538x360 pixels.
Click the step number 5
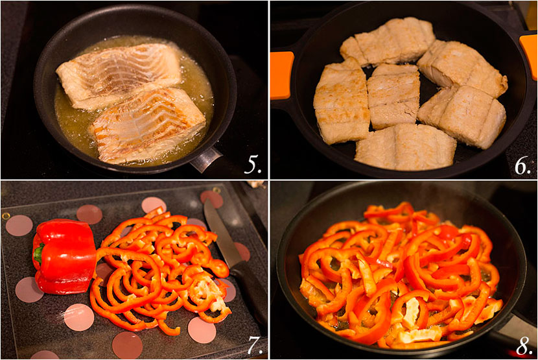click(253, 165)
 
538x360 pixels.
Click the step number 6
click(522, 165)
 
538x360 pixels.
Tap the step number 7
click(253, 345)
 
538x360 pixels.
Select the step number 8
click(522, 345)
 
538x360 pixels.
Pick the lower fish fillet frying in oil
click(149, 124)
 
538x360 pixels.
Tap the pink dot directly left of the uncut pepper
click(19, 225)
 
